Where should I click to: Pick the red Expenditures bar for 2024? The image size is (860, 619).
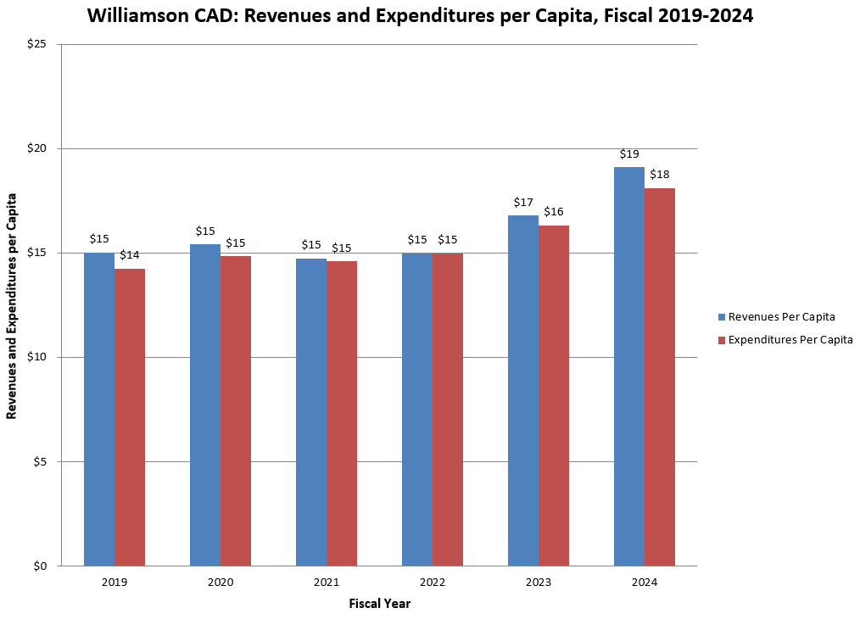(x=660, y=376)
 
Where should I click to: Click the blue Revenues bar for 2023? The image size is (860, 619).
(x=523, y=390)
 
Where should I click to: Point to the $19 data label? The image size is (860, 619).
(x=629, y=154)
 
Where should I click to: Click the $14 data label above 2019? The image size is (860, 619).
(x=130, y=255)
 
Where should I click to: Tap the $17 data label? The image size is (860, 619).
(x=523, y=203)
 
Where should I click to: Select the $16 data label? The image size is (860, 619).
(x=554, y=211)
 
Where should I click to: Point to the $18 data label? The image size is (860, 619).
(x=660, y=174)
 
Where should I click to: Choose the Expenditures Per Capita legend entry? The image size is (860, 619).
(x=785, y=340)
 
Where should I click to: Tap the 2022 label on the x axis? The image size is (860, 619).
(x=432, y=583)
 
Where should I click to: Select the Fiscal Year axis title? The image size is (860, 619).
(x=379, y=604)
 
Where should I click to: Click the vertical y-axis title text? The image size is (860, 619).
(x=12, y=305)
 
